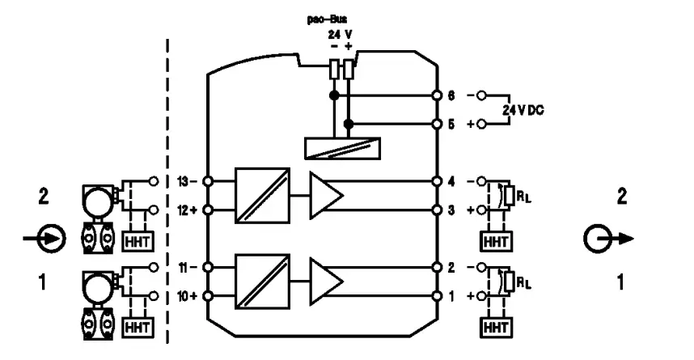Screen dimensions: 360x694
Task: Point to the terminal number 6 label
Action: coord(451,95)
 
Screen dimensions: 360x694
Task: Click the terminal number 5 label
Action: coord(451,124)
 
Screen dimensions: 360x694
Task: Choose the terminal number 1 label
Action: coord(451,295)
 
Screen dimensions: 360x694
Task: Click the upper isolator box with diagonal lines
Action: coord(262,195)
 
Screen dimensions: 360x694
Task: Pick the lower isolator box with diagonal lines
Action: coord(262,281)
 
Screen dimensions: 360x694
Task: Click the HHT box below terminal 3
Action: coord(492,241)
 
